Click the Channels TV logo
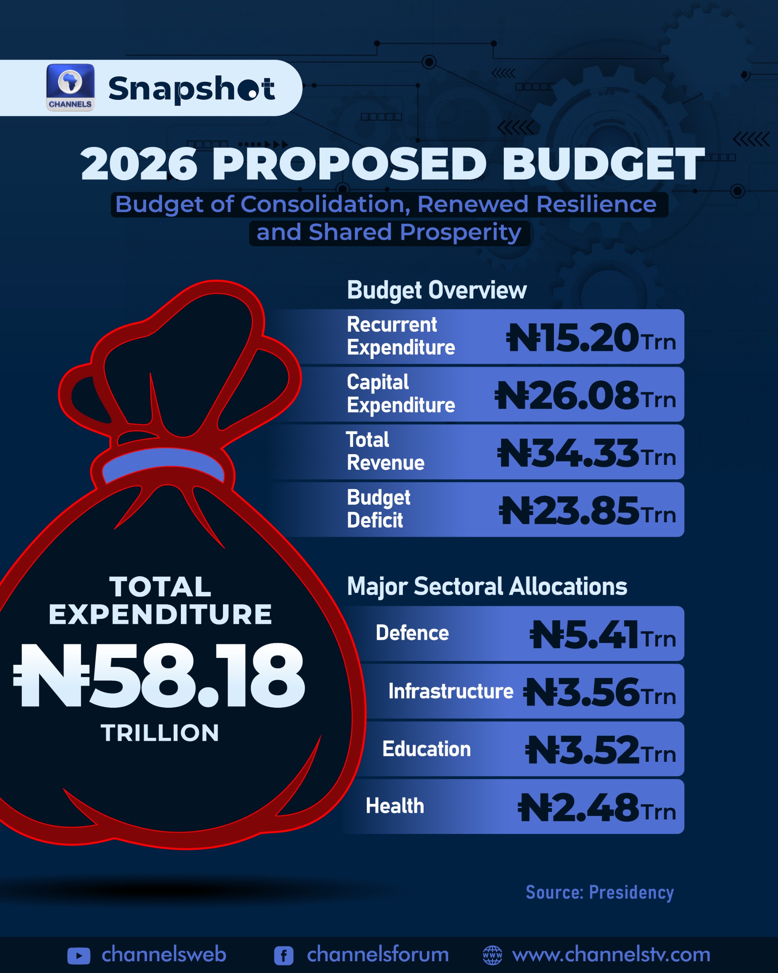click(x=70, y=87)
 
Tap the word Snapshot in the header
click(x=191, y=89)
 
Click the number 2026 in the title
click(x=139, y=164)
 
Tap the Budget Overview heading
click(x=436, y=290)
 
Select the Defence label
click(x=412, y=633)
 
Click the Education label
click(x=426, y=749)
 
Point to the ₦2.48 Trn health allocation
click(x=596, y=807)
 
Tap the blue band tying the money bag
click(x=163, y=464)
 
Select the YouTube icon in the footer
click(x=79, y=956)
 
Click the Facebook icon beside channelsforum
click(x=284, y=956)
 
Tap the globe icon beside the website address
click(x=492, y=955)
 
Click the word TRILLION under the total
click(x=160, y=733)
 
